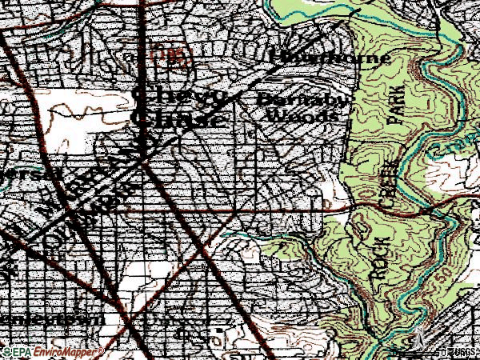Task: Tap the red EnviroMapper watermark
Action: click(68, 351)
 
